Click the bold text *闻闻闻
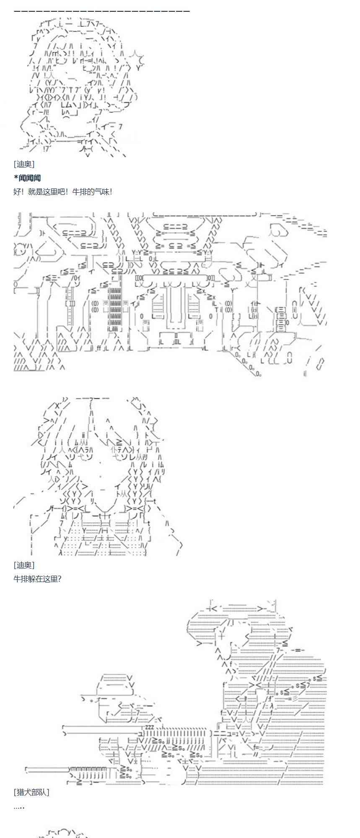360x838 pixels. [27, 178]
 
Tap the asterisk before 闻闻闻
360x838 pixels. [16, 177]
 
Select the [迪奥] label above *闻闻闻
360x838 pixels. [24, 164]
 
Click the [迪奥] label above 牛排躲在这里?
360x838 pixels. [24, 565]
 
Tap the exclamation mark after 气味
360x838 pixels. [110, 192]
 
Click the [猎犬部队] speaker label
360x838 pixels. [31, 792]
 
